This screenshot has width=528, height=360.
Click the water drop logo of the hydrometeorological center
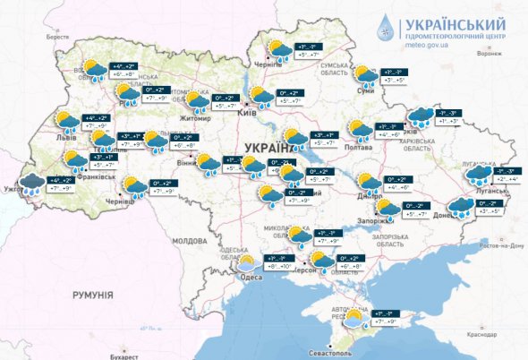pyautogui.click(x=387, y=29)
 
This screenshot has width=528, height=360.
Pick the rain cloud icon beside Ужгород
pyautogui.click(x=33, y=184)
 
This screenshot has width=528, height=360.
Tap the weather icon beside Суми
pyautogui.click(x=364, y=74)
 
